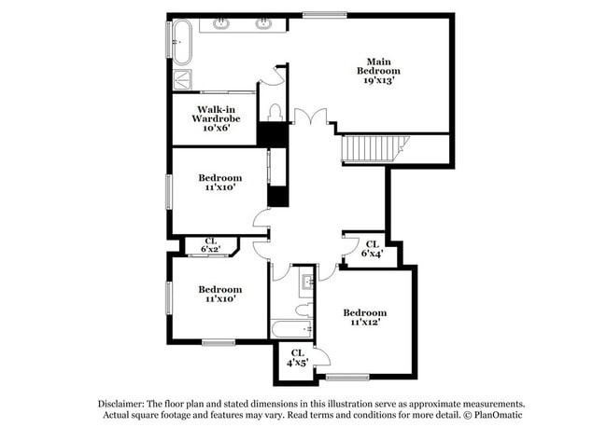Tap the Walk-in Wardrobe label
click(x=216, y=118)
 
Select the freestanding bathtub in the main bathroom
click(x=179, y=43)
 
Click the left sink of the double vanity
click(x=221, y=24)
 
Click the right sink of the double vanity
click(x=264, y=24)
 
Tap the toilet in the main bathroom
click(x=274, y=112)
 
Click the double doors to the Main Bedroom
click(x=311, y=117)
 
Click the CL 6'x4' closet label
click(x=371, y=249)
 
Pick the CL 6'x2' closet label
click(x=211, y=245)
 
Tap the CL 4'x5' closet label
click(x=295, y=357)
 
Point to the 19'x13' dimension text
click(x=378, y=80)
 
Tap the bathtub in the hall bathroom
click(x=292, y=329)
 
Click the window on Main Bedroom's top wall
click(x=324, y=14)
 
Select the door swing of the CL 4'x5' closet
click(x=319, y=358)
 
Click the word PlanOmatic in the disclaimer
click(x=497, y=415)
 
